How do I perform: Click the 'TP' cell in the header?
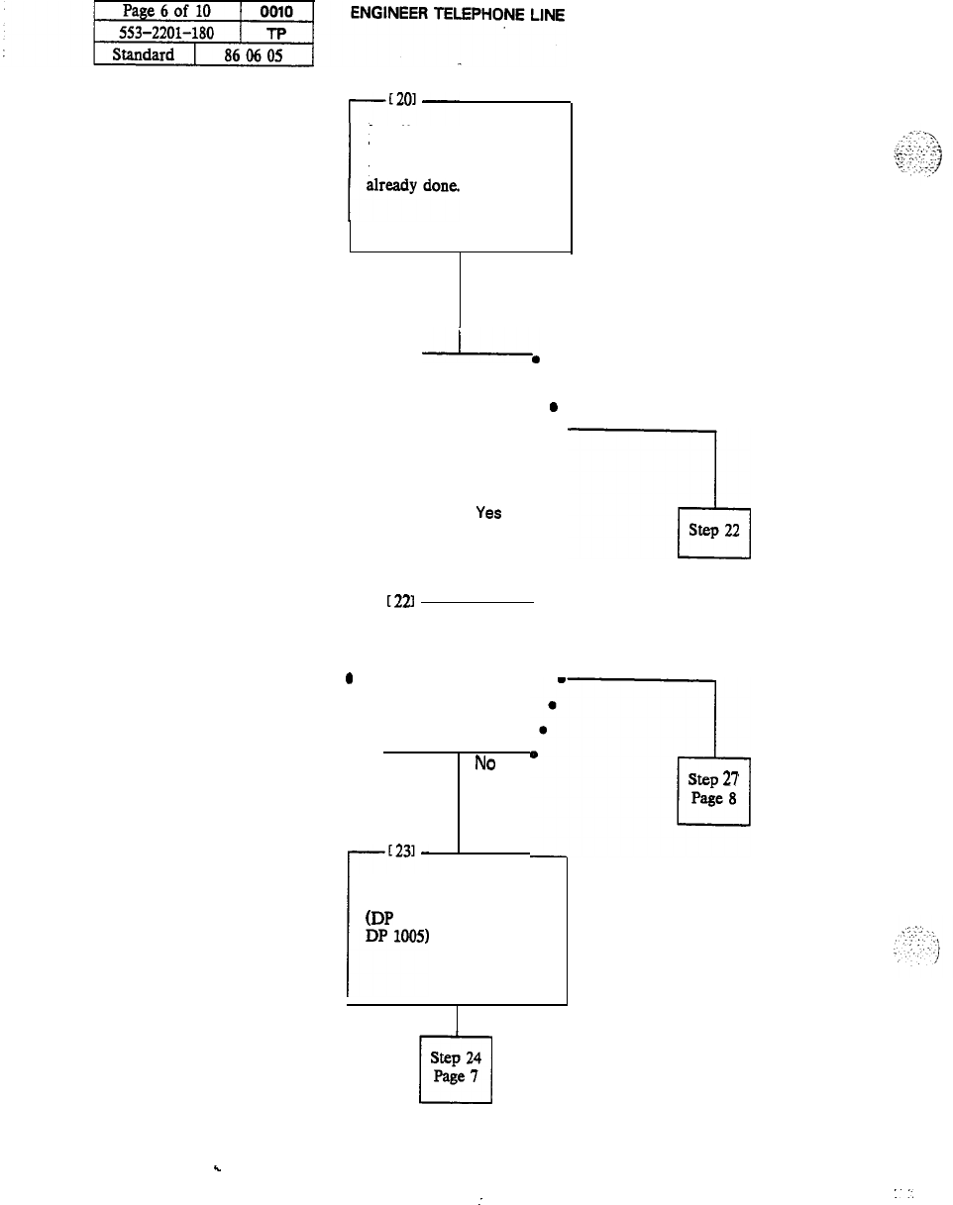pos(276,35)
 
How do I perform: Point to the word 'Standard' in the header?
pos(144,54)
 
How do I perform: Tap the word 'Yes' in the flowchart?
pos(488,513)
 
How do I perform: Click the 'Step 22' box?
pos(713,532)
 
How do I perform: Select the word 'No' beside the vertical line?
pos(485,764)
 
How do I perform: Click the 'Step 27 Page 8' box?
pos(713,789)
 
